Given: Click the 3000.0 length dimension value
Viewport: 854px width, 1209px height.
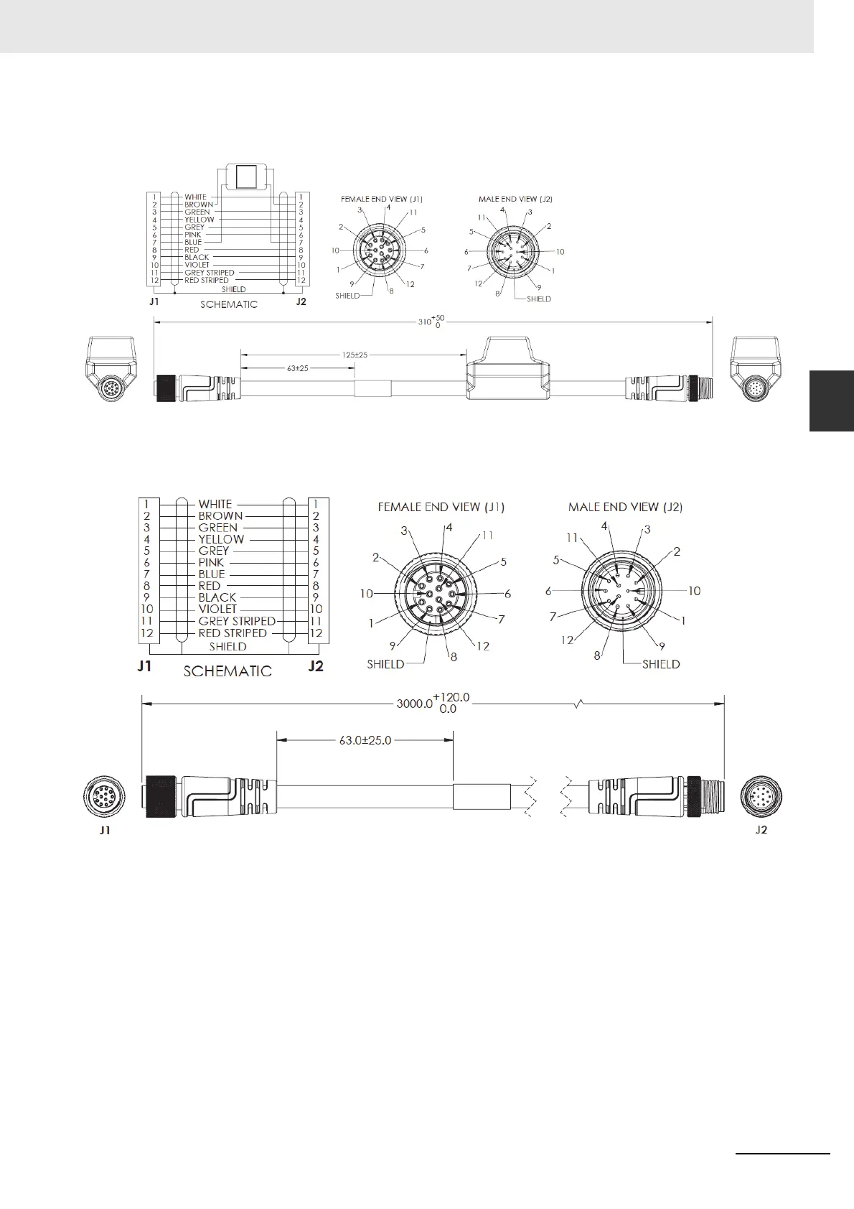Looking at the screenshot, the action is (414, 704).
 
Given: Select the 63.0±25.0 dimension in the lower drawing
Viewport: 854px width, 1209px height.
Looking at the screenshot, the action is (365, 740).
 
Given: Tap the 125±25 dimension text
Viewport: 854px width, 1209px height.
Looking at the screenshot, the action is (355, 355).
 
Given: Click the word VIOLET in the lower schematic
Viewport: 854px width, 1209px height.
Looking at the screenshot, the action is (217, 609).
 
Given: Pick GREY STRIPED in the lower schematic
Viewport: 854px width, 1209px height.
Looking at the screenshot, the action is (237, 621).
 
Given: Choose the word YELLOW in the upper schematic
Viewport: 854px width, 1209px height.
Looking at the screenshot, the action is (199, 220).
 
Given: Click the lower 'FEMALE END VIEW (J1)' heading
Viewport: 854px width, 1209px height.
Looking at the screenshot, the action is (441, 507).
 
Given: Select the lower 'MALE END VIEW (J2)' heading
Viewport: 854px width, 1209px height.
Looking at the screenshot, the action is (625, 507).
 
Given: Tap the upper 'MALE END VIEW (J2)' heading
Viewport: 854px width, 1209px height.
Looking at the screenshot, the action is (515, 199).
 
